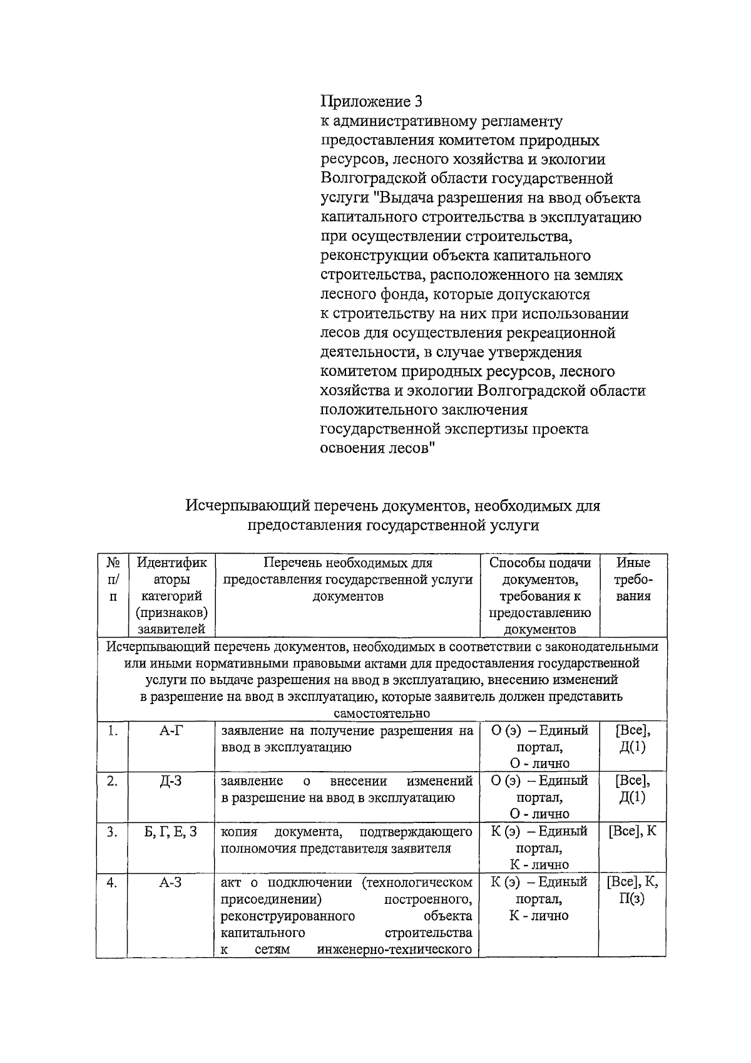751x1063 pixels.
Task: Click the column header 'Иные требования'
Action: tap(633, 579)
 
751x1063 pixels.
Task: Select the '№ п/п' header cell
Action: tap(113, 579)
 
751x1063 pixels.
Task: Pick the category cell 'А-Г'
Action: tap(171, 730)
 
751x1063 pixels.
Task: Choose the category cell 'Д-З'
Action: tap(171, 781)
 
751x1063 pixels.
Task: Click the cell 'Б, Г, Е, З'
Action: tap(171, 832)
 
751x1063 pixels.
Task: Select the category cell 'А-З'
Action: tap(171, 883)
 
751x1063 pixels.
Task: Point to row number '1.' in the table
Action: tap(113, 730)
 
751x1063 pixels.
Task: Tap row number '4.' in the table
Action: tap(113, 883)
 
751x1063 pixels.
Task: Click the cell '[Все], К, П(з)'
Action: tap(633, 890)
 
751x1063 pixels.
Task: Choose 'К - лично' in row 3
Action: tap(539, 865)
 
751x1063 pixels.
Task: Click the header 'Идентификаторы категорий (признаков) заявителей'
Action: tap(171, 595)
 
